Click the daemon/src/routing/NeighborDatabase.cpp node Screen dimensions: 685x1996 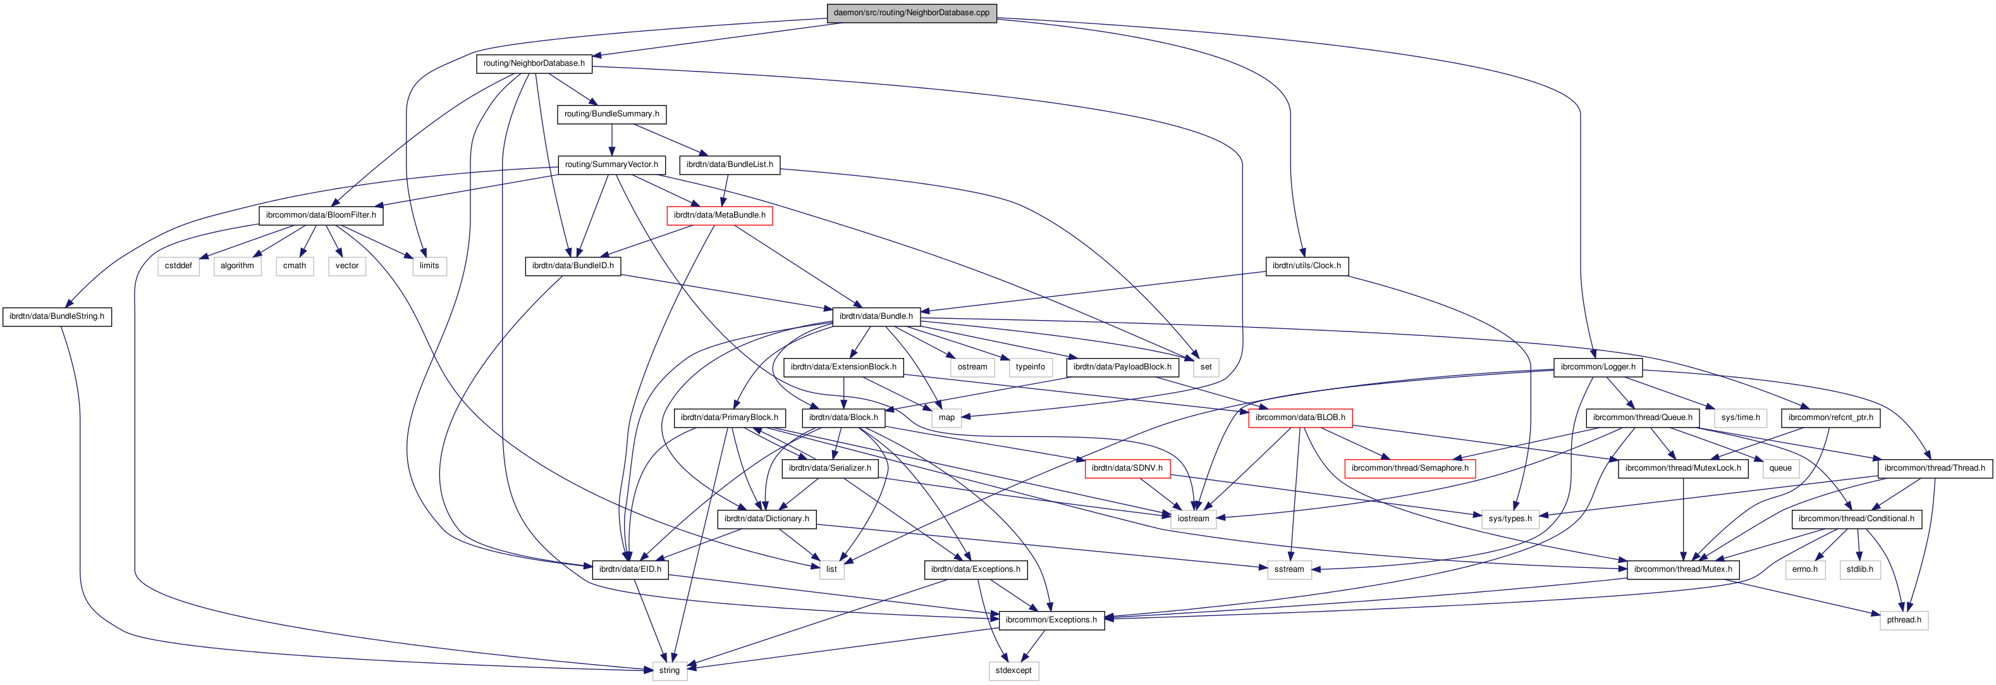click(x=910, y=13)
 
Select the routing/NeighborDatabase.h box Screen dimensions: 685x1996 click(x=534, y=63)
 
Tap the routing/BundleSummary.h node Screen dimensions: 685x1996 click(x=611, y=114)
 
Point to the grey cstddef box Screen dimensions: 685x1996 click(x=178, y=266)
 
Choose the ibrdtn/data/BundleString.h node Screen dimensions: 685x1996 click(x=56, y=316)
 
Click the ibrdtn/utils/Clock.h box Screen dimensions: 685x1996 click(x=1306, y=266)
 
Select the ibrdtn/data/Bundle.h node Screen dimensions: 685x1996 click(x=876, y=316)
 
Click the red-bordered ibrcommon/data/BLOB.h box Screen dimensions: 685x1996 click(x=1300, y=417)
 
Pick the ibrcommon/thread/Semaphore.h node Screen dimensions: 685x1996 click(x=1409, y=468)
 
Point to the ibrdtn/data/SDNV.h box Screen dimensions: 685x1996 click(x=1127, y=468)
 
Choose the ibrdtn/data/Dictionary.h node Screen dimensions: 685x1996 click(x=766, y=519)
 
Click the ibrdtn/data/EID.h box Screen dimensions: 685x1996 click(x=630, y=569)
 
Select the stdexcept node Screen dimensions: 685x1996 click(x=1013, y=670)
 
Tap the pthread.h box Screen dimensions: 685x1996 click(x=1903, y=620)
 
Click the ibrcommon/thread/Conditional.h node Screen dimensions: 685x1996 click(x=1856, y=519)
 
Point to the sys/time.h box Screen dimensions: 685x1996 click(x=1741, y=417)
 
